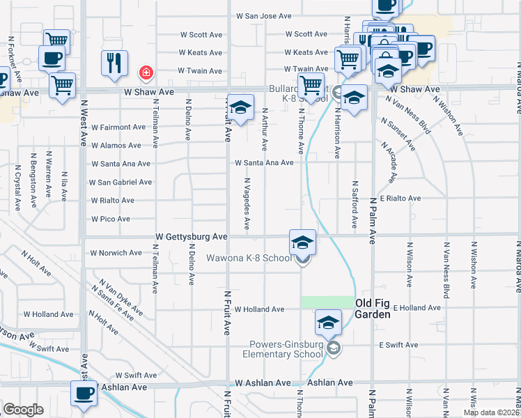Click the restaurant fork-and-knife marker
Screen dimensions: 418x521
click(x=114, y=62)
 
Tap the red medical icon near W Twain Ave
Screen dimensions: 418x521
click(x=146, y=71)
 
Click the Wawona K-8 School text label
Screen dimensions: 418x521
click(x=249, y=258)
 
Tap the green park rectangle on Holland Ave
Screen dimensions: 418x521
click(x=327, y=302)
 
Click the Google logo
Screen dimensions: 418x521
click(x=23, y=410)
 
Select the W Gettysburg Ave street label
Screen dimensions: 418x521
click(x=192, y=237)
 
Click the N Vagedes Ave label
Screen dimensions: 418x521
click(x=247, y=203)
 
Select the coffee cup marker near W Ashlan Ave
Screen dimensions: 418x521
click(x=84, y=394)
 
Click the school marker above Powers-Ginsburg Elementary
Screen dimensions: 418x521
click(x=328, y=323)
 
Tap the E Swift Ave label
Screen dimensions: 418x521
click(x=398, y=345)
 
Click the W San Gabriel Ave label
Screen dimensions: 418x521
click(x=120, y=182)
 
